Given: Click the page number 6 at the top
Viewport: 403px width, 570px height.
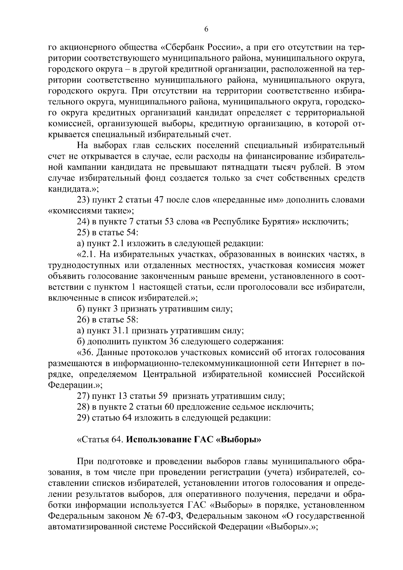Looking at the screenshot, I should tap(206, 30).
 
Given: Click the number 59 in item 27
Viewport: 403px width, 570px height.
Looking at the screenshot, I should tap(163, 396).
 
